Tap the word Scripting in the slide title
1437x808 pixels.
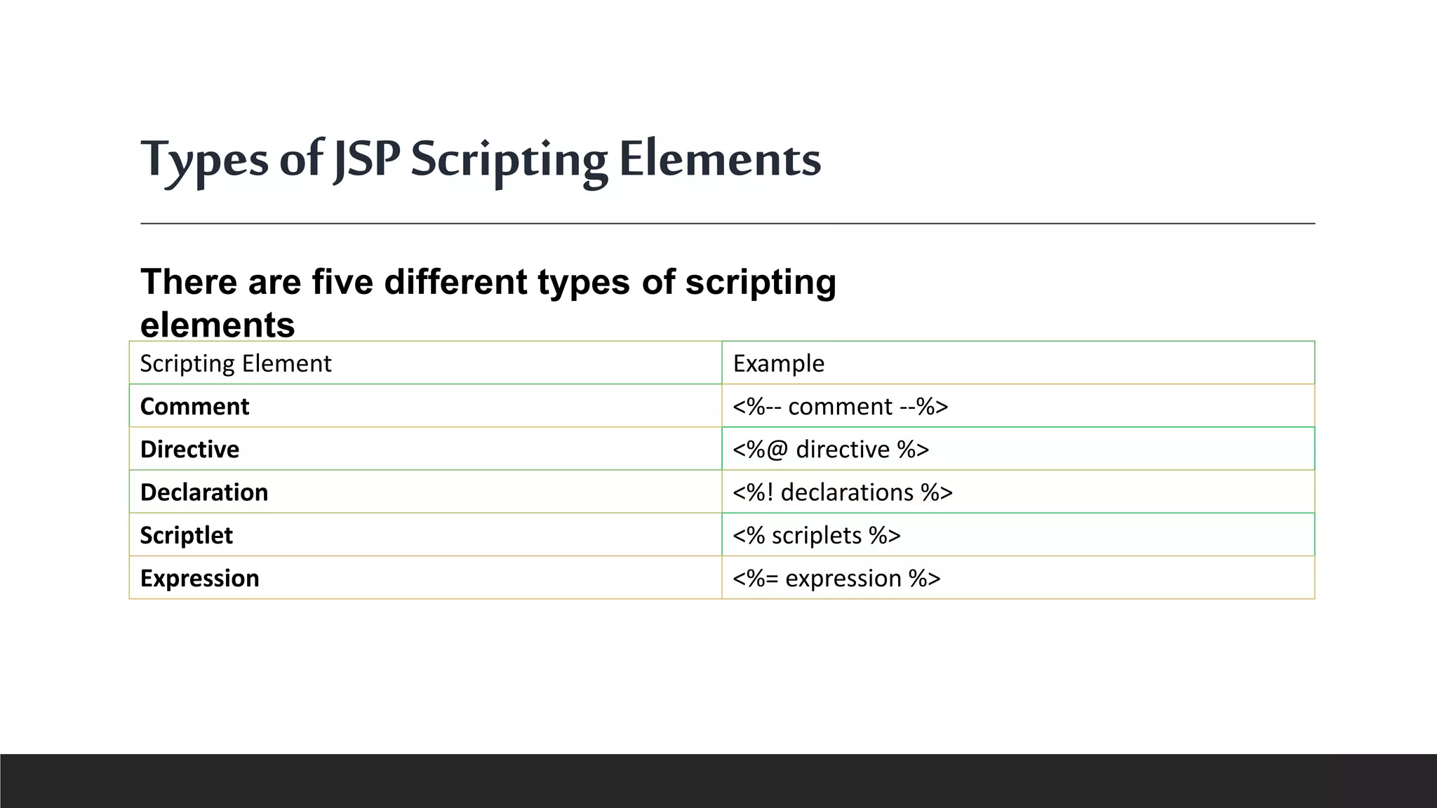[x=509, y=160]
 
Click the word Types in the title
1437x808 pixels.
[x=204, y=160]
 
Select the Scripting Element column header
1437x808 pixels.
[x=236, y=363]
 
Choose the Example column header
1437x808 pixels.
[x=778, y=363]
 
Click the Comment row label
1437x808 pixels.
[x=194, y=407]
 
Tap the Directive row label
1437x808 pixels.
[x=189, y=450]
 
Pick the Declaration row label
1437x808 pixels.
[x=204, y=492]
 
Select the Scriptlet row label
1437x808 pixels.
[x=186, y=535]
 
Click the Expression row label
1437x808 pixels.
[x=200, y=578]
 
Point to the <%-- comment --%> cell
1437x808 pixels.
[x=840, y=407]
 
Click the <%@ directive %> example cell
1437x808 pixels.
[x=831, y=450]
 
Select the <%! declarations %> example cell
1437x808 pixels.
[x=842, y=492]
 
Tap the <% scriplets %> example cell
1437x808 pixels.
[x=816, y=535]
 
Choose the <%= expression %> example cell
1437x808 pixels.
[x=836, y=578]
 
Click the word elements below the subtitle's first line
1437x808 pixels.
[x=218, y=325]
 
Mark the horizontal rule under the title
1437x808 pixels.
[x=728, y=224]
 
